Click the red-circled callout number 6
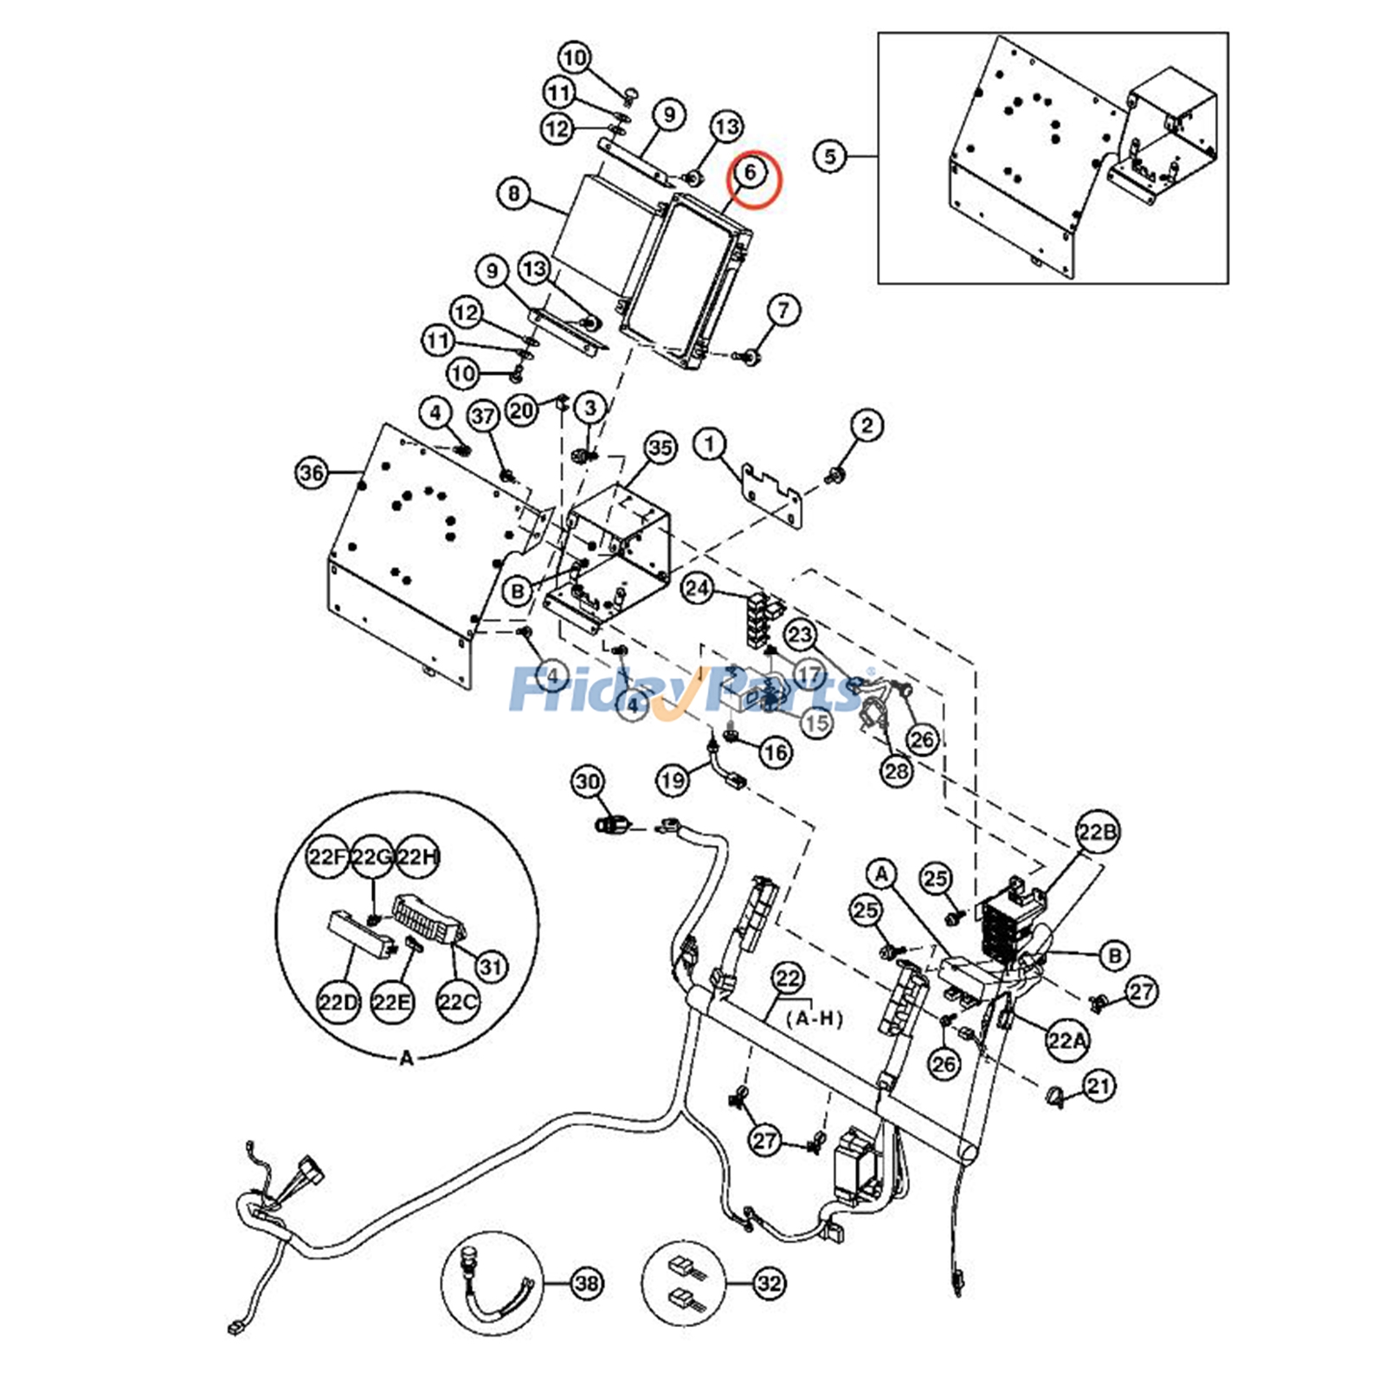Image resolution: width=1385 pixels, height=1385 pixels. (750, 171)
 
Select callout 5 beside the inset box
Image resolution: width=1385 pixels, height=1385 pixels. (830, 157)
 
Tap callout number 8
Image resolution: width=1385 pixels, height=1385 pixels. (514, 193)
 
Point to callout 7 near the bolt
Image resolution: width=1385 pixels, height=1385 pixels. (783, 310)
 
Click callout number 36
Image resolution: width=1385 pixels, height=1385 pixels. (312, 473)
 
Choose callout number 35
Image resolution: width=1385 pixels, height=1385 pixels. (660, 448)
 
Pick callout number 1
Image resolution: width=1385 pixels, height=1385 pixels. (710, 445)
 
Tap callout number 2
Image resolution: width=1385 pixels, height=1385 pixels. (867, 425)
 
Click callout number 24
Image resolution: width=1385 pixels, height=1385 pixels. (698, 589)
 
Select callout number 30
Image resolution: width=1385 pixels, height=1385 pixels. (588, 782)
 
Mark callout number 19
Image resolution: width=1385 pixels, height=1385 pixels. (673, 781)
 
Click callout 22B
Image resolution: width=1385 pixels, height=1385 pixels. (1097, 832)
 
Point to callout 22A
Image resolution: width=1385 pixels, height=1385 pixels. (1066, 1040)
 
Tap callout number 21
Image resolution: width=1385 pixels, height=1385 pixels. (1098, 1085)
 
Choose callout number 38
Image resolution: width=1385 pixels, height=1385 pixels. (587, 1283)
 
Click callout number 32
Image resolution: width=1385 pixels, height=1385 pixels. (769, 1283)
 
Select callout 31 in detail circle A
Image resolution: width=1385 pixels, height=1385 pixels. (492, 966)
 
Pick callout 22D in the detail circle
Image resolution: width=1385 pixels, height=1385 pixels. (338, 1003)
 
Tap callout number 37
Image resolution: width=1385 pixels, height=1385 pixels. (483, 417)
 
